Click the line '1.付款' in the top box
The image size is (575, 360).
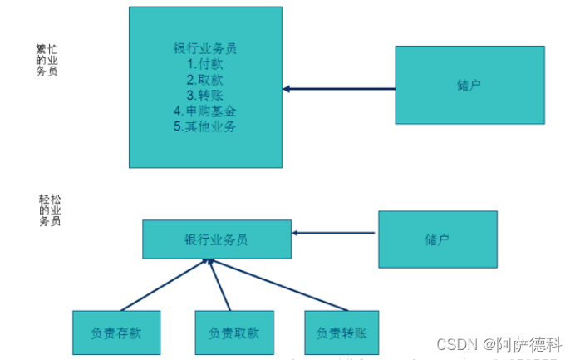point(204,62)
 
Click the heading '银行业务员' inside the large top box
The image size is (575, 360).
point(204,47)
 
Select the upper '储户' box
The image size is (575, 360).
point(469,86)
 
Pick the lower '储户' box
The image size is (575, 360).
point(437,239)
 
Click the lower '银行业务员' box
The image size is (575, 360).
point(216,239)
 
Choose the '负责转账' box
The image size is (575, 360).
point(342,333)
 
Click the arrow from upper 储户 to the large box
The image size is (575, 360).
point(338,88)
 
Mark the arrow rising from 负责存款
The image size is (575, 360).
point(163,286)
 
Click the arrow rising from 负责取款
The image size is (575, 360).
point(219,285)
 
